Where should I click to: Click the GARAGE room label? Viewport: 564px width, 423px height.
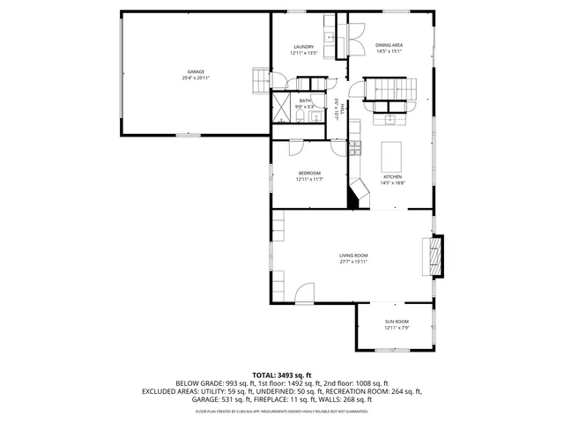click(x=196, y=71)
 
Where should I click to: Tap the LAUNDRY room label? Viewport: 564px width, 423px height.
click(x=303, y=47)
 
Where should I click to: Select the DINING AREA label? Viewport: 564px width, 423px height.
click(x=389, y=45)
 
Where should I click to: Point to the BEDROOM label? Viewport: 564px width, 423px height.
click(x=308, y=173)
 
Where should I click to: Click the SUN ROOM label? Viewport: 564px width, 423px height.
click(x=396, y=322)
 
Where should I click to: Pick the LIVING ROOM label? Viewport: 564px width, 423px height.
click(x=352, y=256)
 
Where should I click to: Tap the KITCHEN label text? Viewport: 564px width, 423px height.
click(x=392, y=177)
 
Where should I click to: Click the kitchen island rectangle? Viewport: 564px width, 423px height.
click(x=391, y=157)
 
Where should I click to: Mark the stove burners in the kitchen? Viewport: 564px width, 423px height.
click(x=355, y=146)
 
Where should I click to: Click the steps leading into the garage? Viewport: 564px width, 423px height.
click(x=260, y=80)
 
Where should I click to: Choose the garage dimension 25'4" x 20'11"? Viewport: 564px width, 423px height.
click(x=196, y=78)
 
